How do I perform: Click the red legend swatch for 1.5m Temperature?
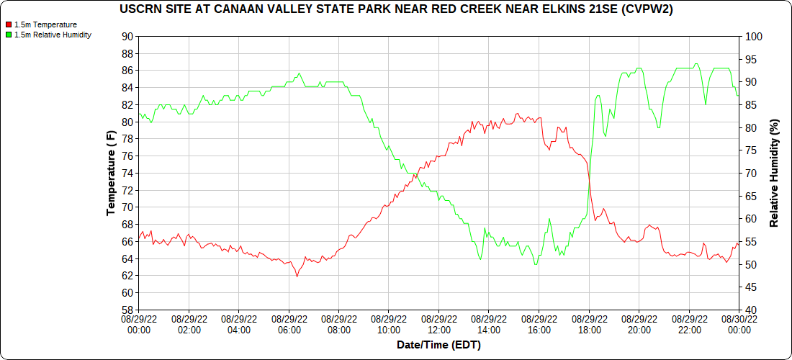pos(9,24)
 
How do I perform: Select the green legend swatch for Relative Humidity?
pos(9,35)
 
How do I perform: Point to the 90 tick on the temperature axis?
pos(127,37)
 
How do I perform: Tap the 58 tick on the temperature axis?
pos(127,310)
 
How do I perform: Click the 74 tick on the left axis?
pos(127,174)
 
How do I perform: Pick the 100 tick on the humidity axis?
pos(750,37)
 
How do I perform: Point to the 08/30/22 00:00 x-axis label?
pos(739,325)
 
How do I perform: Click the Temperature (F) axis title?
pos(111,173)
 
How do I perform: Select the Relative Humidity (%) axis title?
pos(775,173)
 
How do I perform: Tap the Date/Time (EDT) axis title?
pos(438,346)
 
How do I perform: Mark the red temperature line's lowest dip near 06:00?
pos(297,276)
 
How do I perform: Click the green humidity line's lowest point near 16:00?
pos(535,264)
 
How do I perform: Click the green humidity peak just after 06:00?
pos(299,73)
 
